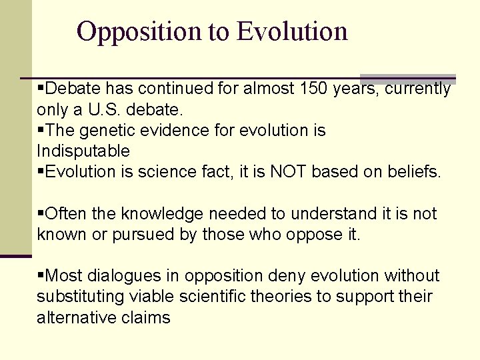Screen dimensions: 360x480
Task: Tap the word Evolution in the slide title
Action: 292,31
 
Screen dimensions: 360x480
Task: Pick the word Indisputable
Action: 83,151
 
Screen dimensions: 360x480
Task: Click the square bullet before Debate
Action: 41,87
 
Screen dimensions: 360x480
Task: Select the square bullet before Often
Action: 41,213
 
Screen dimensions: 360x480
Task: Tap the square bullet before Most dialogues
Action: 41,275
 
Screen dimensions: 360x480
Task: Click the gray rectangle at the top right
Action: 407,78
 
